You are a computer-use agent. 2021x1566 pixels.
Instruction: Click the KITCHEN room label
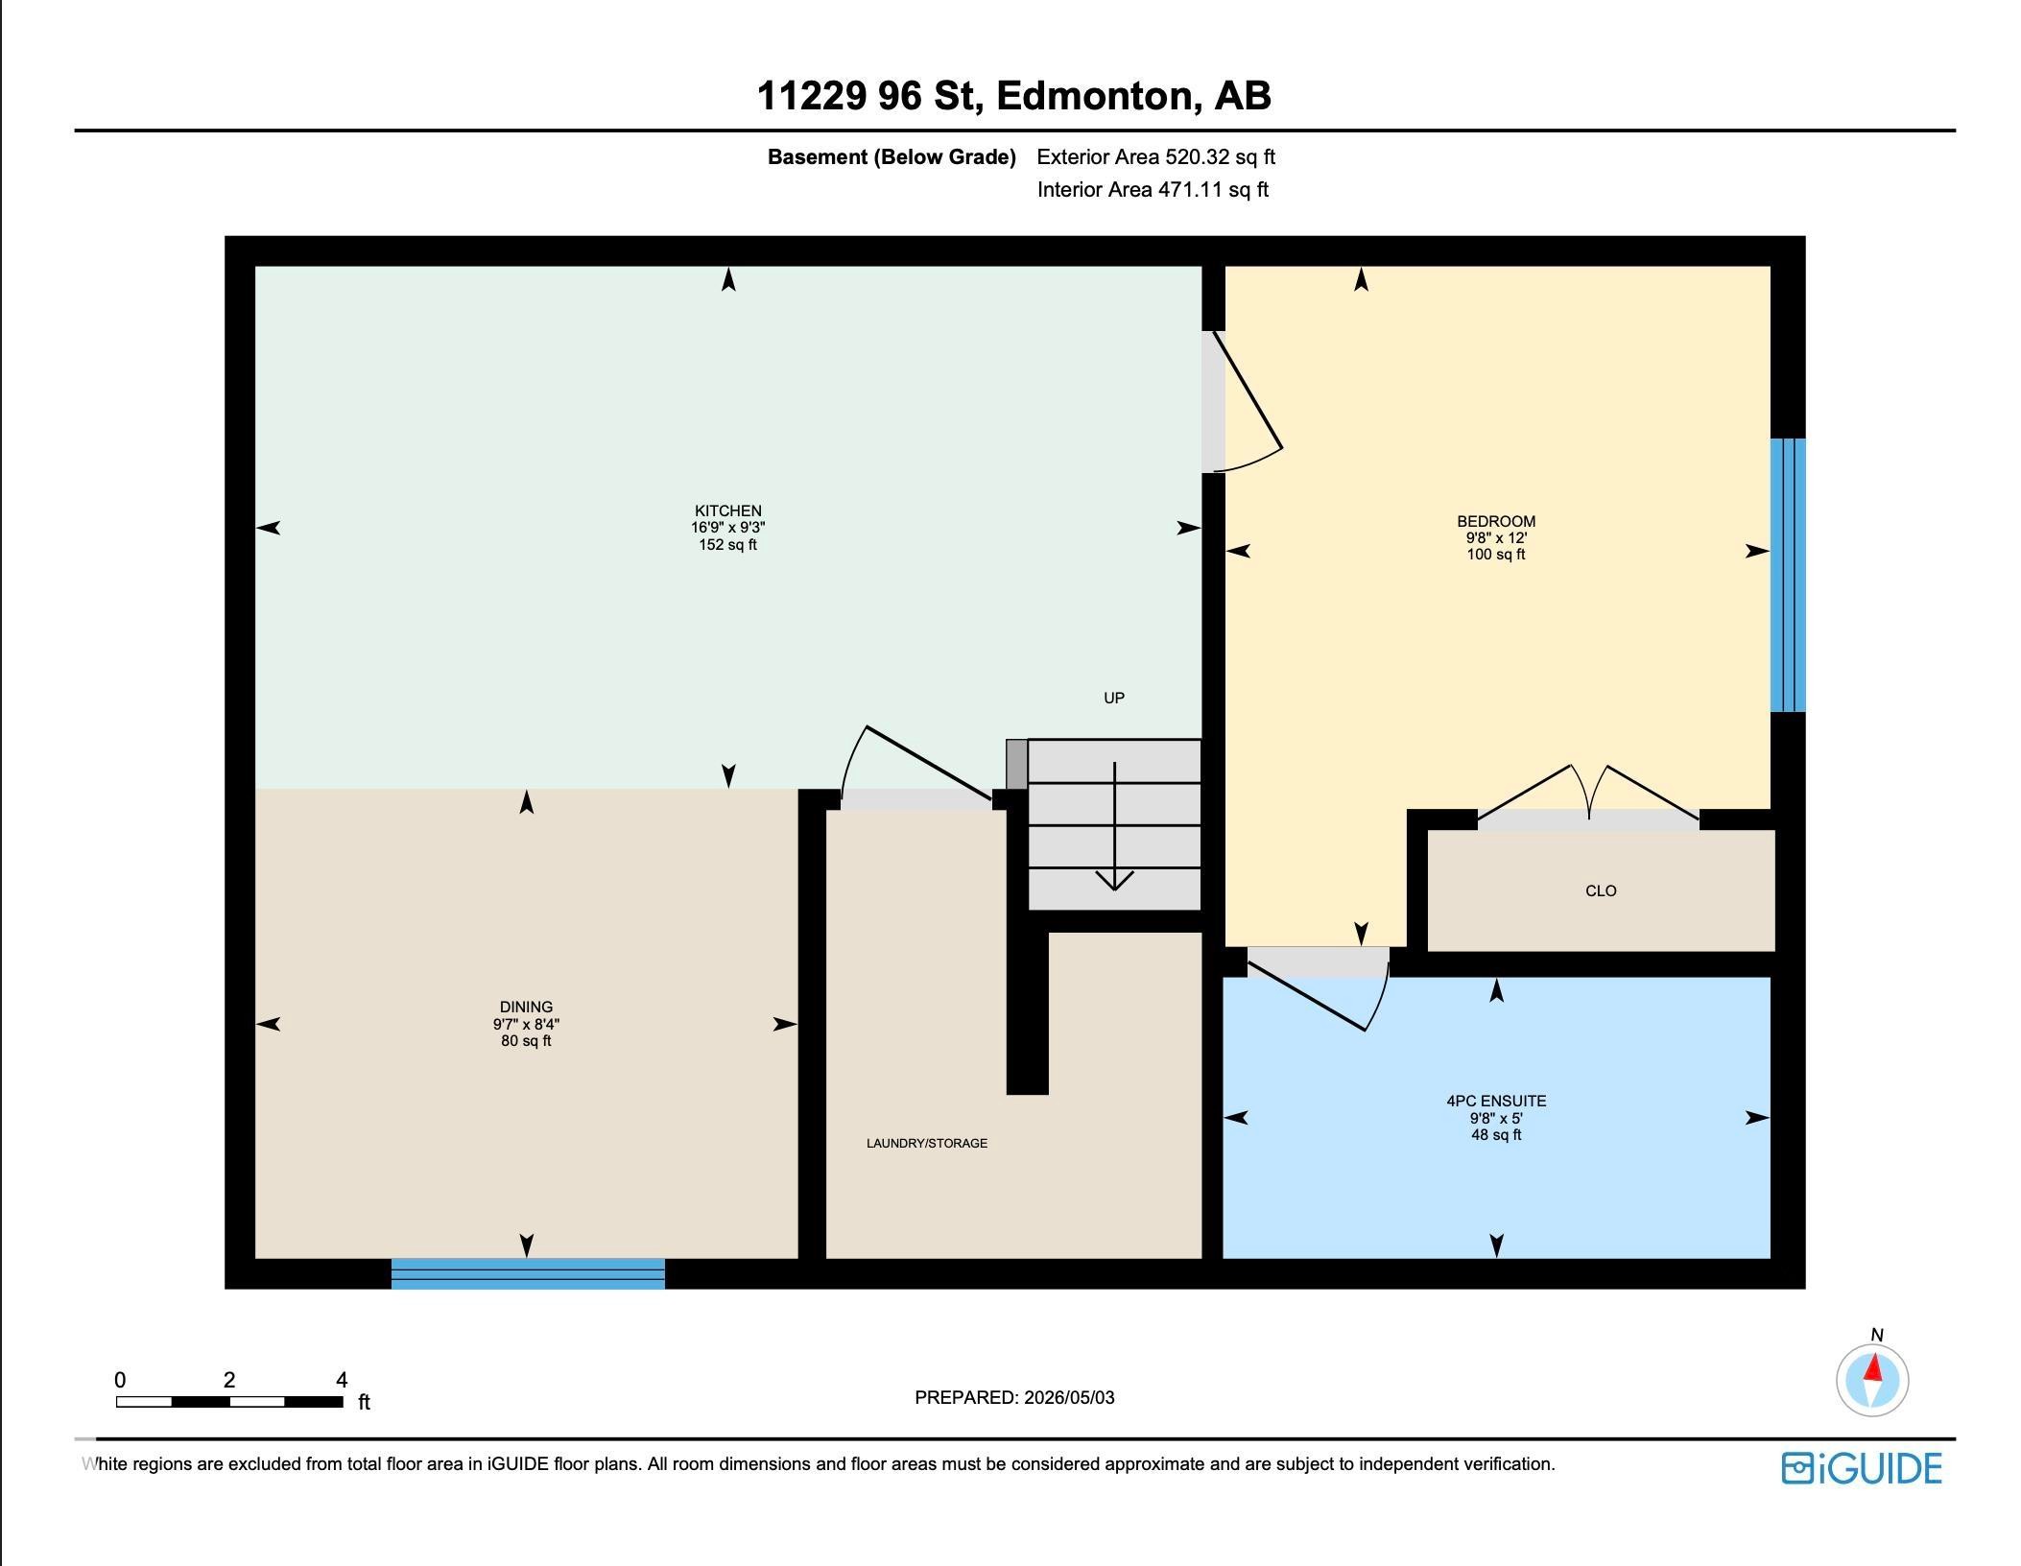point(728,510)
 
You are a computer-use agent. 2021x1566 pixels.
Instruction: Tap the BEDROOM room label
point(1496,521)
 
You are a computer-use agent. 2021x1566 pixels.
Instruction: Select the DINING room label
point(526,1007)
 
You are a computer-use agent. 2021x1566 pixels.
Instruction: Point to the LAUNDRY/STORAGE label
point(927,1143)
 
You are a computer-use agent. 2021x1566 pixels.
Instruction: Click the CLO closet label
point(1601,890)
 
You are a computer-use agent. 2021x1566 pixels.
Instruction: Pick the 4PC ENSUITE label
point(1496,1101)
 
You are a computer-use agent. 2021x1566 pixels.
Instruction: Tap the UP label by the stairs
point(1114,698)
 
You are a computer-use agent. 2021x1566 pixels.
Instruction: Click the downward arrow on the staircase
point(1114,825)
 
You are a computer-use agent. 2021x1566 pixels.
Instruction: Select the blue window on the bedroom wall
point(1788,575)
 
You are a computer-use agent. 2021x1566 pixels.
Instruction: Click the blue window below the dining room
point(528,1273)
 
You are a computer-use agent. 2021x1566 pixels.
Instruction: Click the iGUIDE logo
point(1862,1468)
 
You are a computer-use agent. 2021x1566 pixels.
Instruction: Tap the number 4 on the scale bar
point(342,1380)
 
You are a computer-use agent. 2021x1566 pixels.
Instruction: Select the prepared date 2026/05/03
point(1069,1397)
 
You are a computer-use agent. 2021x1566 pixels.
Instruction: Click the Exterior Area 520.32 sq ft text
point(1156,156)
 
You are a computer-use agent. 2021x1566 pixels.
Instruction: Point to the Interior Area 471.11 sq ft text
point(1153,189)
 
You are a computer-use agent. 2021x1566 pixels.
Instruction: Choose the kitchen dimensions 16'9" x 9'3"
point(728,527)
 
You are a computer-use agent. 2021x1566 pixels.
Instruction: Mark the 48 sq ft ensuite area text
point(1496,1134)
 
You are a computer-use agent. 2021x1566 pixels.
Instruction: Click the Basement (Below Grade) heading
point(892,156)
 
